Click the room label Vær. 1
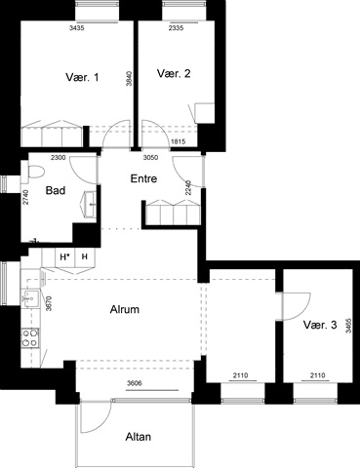[82, 77]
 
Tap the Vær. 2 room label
[174, 73]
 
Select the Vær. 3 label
[320, 325]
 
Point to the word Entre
[143, 178]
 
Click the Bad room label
[56, 190]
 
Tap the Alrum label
[125, 309]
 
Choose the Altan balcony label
[139, 437]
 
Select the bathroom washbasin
[89, 204]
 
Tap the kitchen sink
[30, 297]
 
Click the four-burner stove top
[30, 338]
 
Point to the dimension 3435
[77, 28]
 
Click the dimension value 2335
[176, 28]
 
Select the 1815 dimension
[178, 141]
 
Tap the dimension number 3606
[134, 383]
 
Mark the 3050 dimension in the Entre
[151, 158]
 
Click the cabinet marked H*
[65, 257]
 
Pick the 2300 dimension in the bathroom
[59, 158]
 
